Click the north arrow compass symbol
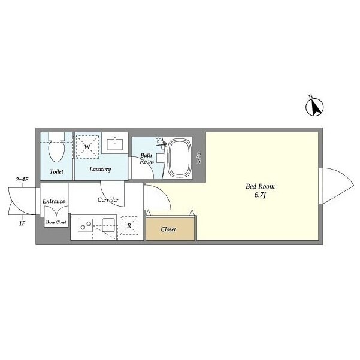(314, 107)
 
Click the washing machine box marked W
(87, 147)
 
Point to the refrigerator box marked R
(129, 225)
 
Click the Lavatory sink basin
(115, 144)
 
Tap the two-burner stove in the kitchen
(86, 225)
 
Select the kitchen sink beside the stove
(108, 225)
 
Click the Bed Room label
(260, 186)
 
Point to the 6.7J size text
(260, 195)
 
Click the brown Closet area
(170, 229)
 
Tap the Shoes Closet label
(56, 222)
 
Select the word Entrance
(54, 201)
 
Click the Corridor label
(108, 199)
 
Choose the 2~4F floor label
(22, 180)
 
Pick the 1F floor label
(22, 223)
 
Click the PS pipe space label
(199, 158)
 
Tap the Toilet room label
(56, 171)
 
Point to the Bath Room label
(147, 158)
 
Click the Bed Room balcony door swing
(337, 186)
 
